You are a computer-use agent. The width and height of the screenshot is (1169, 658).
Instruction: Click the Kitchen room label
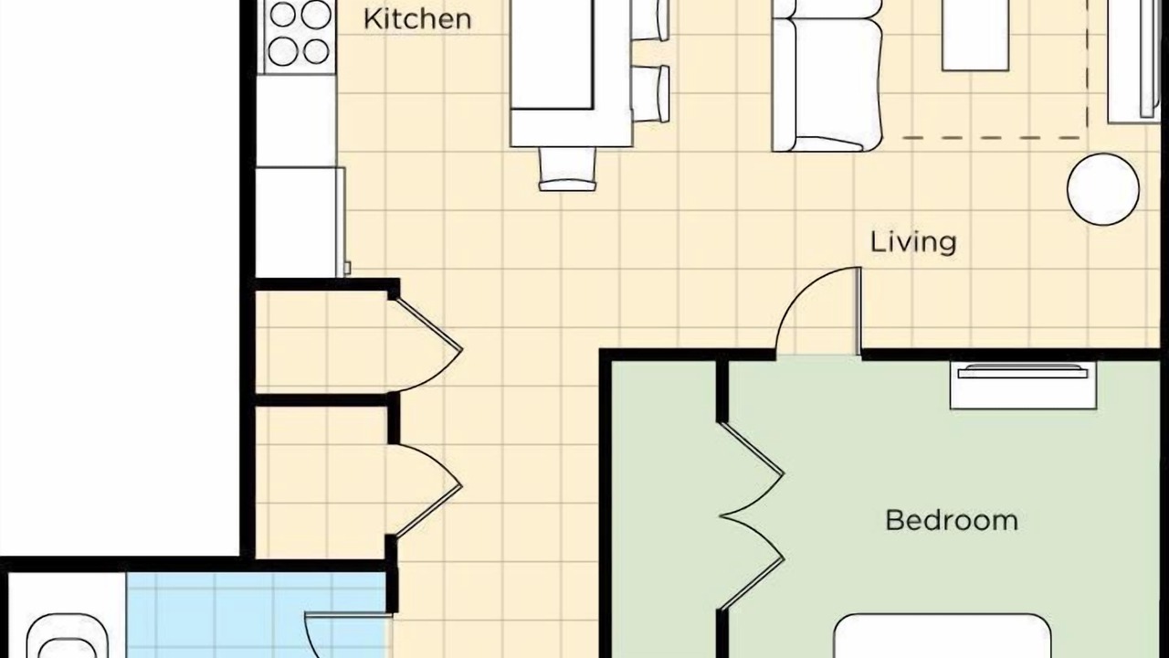(417, 19)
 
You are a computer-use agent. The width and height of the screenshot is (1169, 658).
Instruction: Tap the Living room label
(913, 242)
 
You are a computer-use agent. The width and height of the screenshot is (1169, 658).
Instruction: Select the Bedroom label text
(952, 521)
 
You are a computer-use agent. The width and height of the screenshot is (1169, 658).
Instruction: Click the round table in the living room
(1103, 189)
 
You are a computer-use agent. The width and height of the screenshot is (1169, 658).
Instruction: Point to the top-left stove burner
(283, 14)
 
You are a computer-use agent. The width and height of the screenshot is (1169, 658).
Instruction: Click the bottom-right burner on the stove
(316, 51)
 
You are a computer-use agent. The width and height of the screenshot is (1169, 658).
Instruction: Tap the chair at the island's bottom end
(567, 169)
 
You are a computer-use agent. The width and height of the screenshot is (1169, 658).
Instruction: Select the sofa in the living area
(827, 76)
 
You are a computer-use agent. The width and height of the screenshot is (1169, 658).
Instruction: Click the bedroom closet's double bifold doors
(752, 516)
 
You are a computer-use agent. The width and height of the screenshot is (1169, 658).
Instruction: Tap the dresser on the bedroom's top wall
(1023, 385)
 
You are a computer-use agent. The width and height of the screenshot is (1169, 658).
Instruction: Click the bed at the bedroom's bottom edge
(942, 636)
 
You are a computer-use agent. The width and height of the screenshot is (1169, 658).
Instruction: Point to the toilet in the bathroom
(67, 636)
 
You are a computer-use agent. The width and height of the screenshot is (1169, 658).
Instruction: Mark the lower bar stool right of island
(651, 93)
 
